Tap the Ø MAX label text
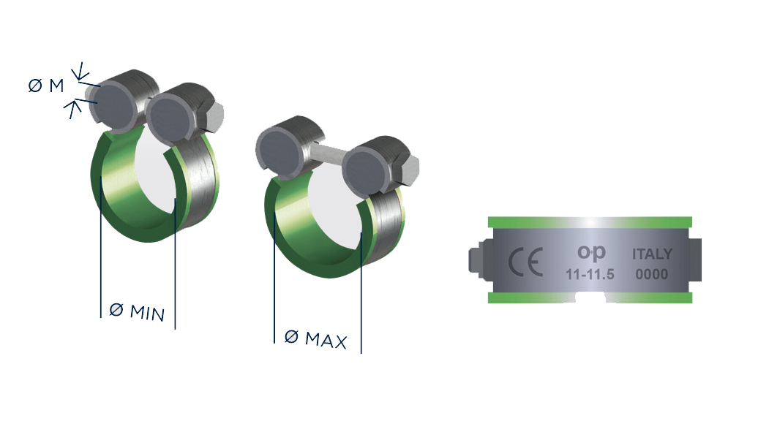[x=315, y=338]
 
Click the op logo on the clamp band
[x=591, y=252]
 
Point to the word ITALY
[x=652, y=254]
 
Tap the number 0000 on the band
[x=652, y=275]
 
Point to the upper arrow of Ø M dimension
[x=82, y=72]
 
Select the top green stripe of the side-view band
[x=590, y=221]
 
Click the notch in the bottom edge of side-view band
[x=590, y=299]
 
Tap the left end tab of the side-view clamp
[x=476, y=260]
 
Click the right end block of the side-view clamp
[x=696, y=259]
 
